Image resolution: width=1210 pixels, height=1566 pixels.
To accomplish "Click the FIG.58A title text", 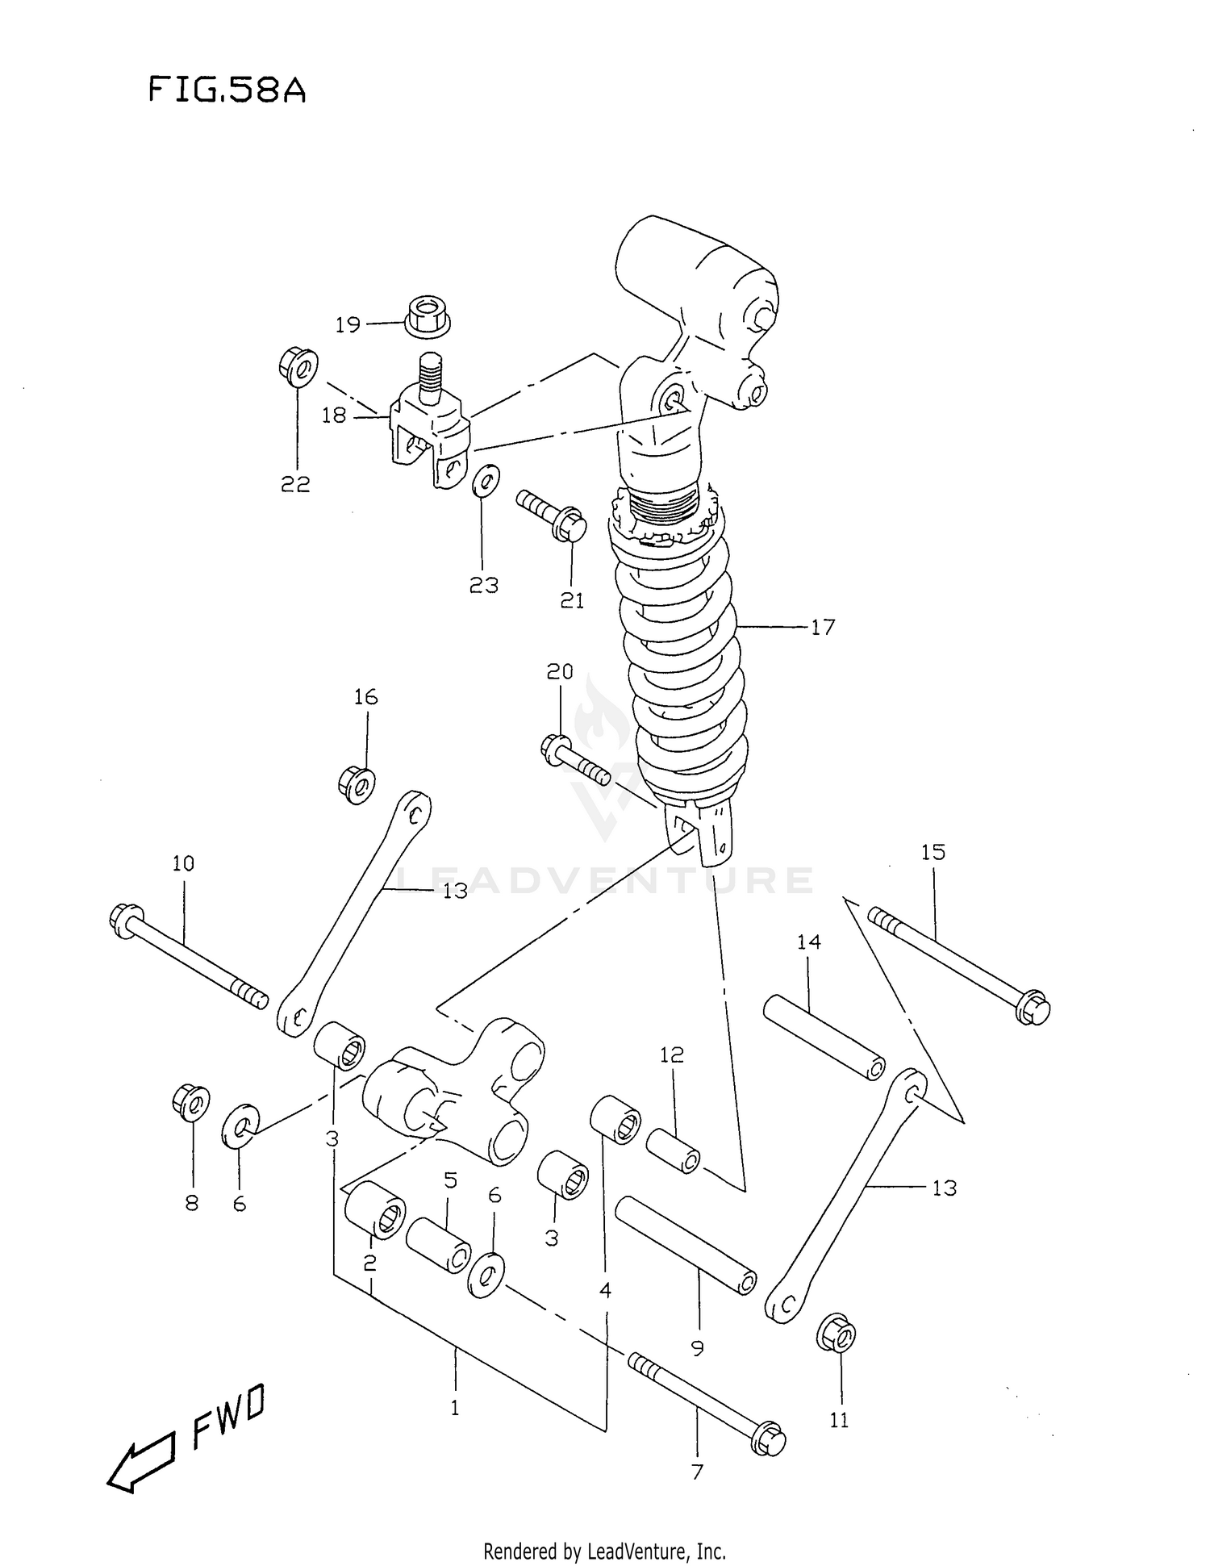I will [x=227, y=90].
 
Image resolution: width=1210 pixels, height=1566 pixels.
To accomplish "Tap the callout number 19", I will [x=348, y=324].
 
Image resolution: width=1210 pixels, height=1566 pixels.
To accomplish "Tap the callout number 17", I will [x=822, y=627].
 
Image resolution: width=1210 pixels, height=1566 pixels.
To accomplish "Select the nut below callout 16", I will [x=356, y=783].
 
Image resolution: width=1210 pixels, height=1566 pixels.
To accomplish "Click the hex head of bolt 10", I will [x=124, y=921].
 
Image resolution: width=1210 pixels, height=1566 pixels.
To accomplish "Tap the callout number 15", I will [x=933, y=852].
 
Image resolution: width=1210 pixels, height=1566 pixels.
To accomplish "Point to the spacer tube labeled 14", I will [x=823, y=1038].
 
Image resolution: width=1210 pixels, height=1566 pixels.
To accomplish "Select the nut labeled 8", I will [x=191, y=1103].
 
